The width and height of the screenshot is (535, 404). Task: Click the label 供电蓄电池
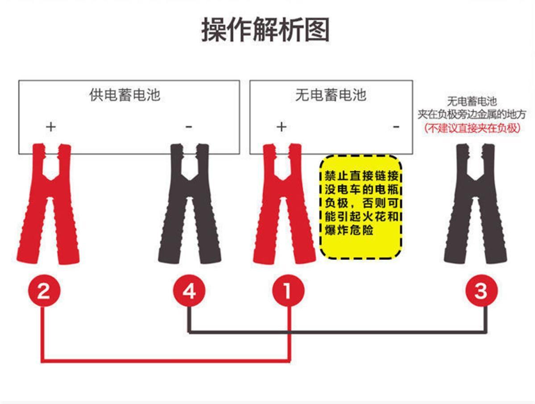click(125, 95)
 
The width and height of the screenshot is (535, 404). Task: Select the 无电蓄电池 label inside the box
click(331, 95)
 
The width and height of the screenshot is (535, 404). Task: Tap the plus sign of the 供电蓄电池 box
click(51, 127)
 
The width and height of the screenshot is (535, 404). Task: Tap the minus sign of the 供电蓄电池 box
click(189, 127)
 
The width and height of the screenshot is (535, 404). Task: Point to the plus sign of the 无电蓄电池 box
click(281, 127)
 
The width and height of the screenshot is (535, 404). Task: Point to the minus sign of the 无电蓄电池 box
click(396, 127)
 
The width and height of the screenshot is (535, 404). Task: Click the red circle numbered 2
click(43, 292)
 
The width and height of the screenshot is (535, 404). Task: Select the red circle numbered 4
click(190, 292)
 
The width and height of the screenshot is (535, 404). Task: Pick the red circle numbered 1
click(288, 292)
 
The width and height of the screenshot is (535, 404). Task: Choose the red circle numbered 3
click(482, 292)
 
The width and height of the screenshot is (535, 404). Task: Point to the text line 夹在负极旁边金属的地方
click(472, 115)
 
